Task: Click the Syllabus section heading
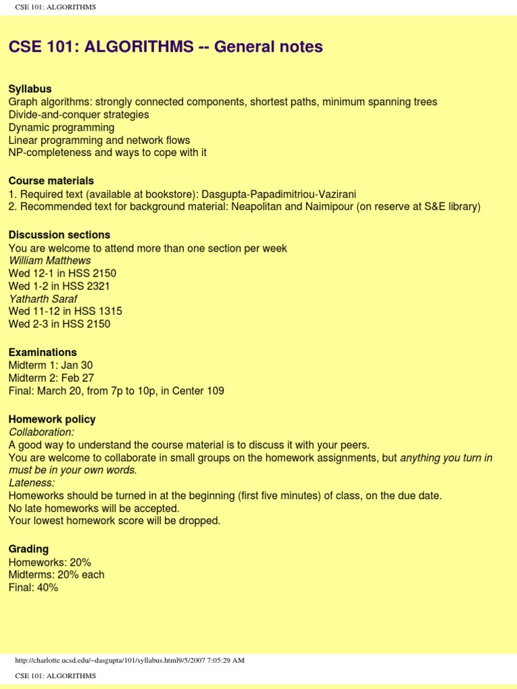(x=30, y=89)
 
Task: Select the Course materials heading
(x=51, y=181)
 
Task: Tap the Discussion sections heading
(x=59, y=235)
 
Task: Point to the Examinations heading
(x=42, y=353)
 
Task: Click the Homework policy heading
(x=52, y=419)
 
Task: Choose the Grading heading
(x=28, y=549)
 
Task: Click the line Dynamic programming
(x=61, y=127)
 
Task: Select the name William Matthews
(x=50, y=260)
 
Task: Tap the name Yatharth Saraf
(x=43, y=299)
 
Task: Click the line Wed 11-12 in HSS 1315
(x=65, y=312)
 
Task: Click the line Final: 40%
(x=34, y=587)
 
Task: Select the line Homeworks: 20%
(x=50, y=562)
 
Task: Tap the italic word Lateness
(x=32, y=483)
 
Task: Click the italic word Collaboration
(x=42, y=432)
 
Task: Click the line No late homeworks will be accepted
(x=94, y=508)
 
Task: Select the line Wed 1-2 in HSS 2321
(x=59, y=286)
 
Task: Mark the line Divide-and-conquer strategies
(x=79, y=114)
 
